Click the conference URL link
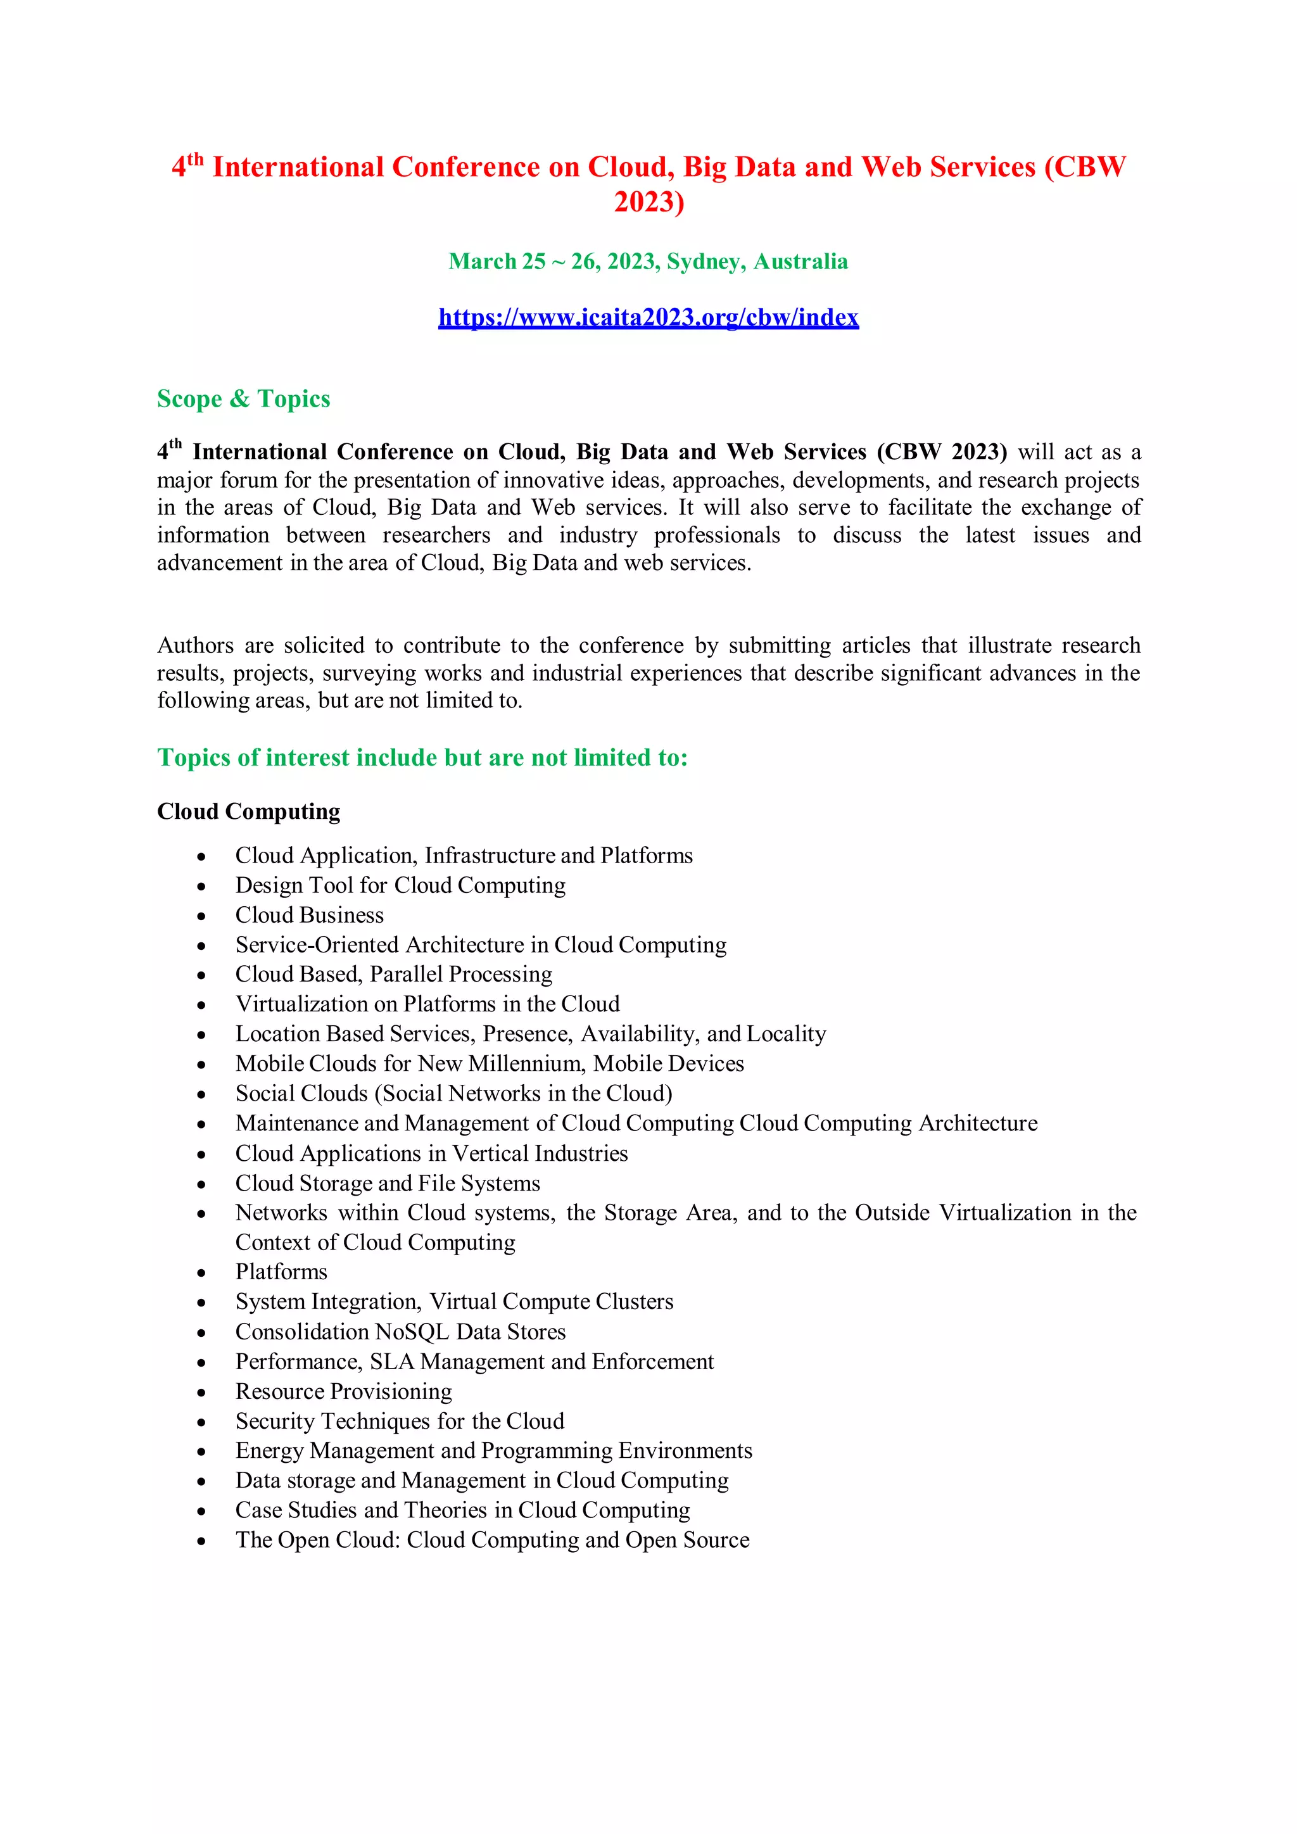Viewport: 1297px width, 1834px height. (x=648, y=318)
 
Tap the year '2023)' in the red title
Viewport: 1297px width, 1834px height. (x=648, y=202)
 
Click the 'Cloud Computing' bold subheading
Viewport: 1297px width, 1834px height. (x=248, y=812)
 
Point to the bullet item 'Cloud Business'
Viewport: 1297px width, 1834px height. (x=309, y=915)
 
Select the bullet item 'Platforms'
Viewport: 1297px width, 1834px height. (x=281, y=1272)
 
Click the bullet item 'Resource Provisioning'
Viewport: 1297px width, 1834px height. (x=343, y=1391)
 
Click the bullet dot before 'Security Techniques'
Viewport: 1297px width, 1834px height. (x=201, y=1422)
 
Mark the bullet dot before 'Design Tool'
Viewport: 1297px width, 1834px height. (x=201, y=887)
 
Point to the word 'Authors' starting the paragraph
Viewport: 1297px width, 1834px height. (x=196, y=645)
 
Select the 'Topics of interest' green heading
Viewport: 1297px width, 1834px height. (x=422, y=757)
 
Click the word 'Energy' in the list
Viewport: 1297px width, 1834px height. (x=269, y=1451)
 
